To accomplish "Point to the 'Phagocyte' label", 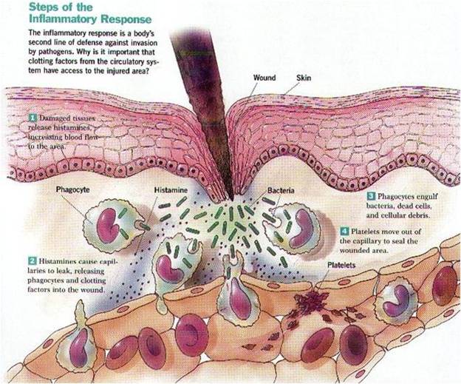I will pos(75,189).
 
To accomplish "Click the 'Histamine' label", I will pos(170,190).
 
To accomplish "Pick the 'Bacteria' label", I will pos(281,190).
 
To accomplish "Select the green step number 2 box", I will pos(33,260).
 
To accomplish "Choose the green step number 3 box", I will pos(372,195).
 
